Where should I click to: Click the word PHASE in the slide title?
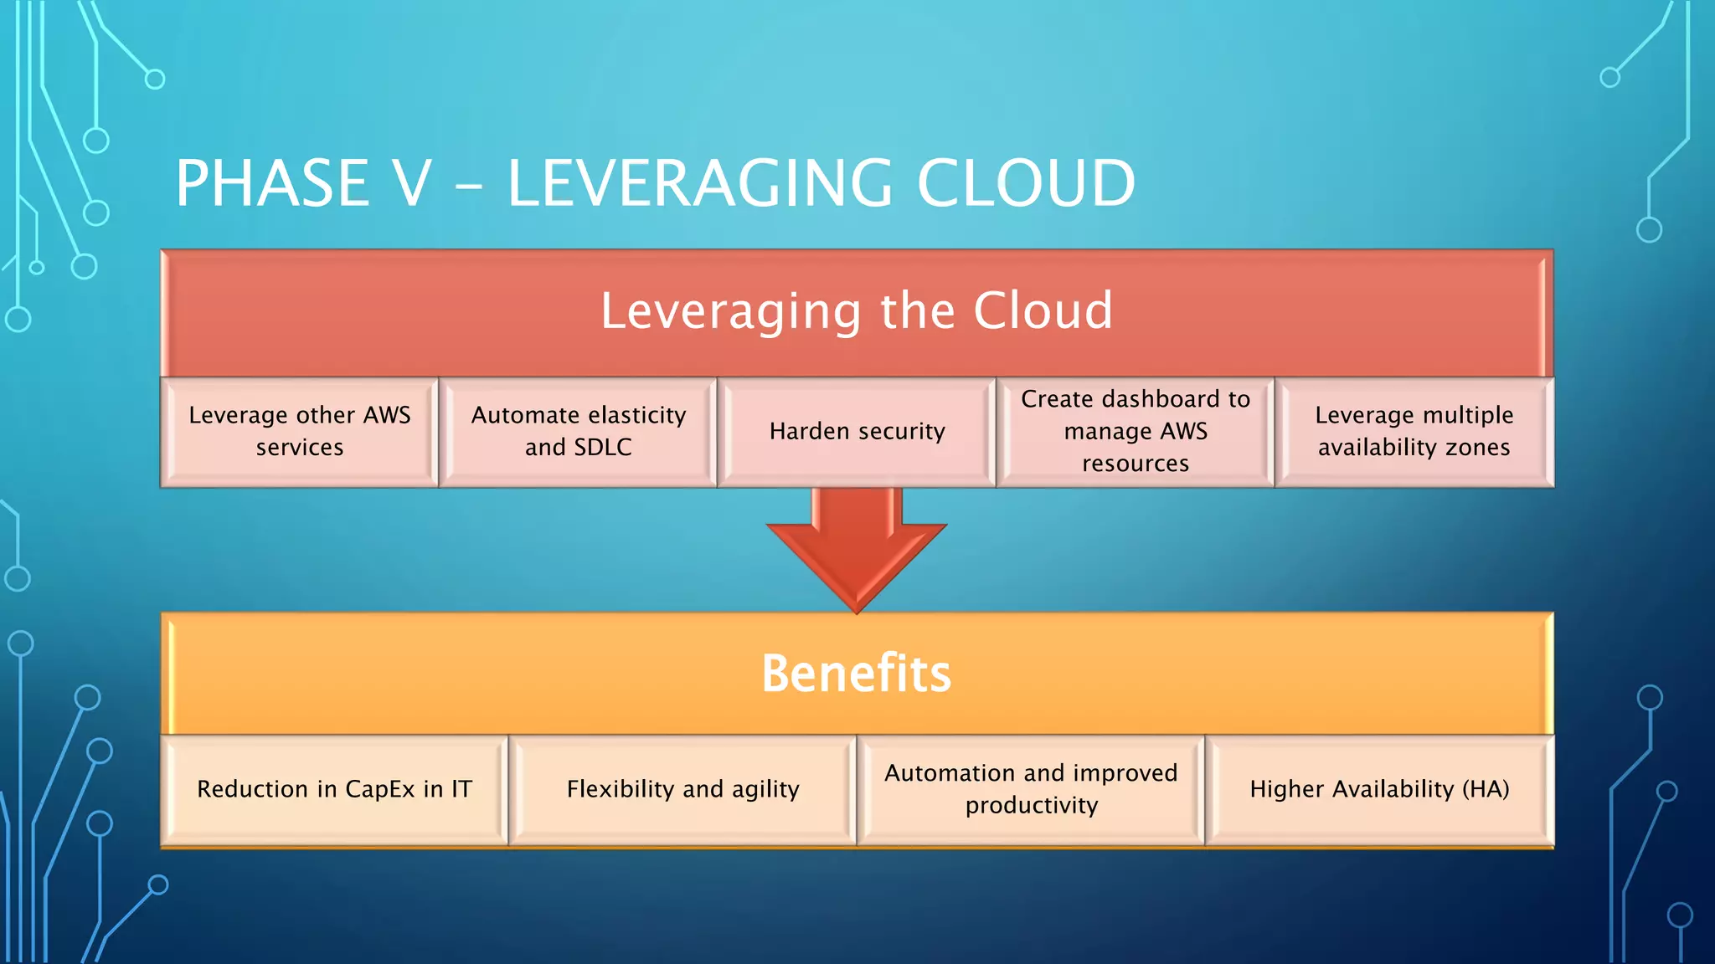272,183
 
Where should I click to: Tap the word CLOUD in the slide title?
1026,183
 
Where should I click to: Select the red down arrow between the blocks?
857,548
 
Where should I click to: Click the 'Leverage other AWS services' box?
300,432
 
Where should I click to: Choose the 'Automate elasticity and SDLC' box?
579,432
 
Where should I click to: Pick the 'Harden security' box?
857,432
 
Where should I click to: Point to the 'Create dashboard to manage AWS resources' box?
1136,432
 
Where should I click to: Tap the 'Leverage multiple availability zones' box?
1414,432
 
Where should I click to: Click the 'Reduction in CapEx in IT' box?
335,790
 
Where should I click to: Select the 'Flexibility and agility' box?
682,790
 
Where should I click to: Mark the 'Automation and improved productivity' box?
1031,790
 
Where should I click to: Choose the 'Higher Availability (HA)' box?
1379,790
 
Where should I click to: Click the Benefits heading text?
857,674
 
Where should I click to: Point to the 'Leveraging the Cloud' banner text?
857,311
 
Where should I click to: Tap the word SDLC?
603,448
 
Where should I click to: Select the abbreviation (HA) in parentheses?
1486,789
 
